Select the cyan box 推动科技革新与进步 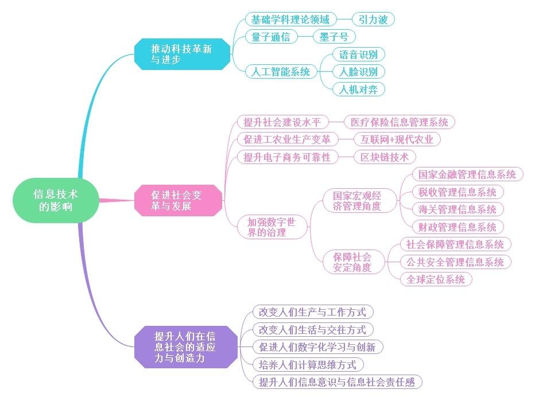[x=182, y=54]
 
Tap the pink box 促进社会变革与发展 [x=177, y=200]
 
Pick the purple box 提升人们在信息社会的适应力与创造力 [x=185, y=347]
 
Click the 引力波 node [x=373, y=20]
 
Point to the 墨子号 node [x=334, y=37]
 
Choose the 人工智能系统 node [x=281, y=72]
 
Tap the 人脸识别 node [x=358, y=72]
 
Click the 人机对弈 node [x=358, y=89]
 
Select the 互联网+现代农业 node [x=397, y=139]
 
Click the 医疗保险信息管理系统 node [x=399, y=122]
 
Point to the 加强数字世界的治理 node [x=271, y=227]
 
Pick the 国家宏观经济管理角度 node [x=356, y=200]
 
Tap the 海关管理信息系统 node [x=458, y=209]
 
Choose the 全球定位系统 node [x=436, y=279]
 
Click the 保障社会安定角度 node [x=352, y=262]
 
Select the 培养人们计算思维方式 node [x=308, y=364]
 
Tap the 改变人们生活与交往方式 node [x=312, y=329]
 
